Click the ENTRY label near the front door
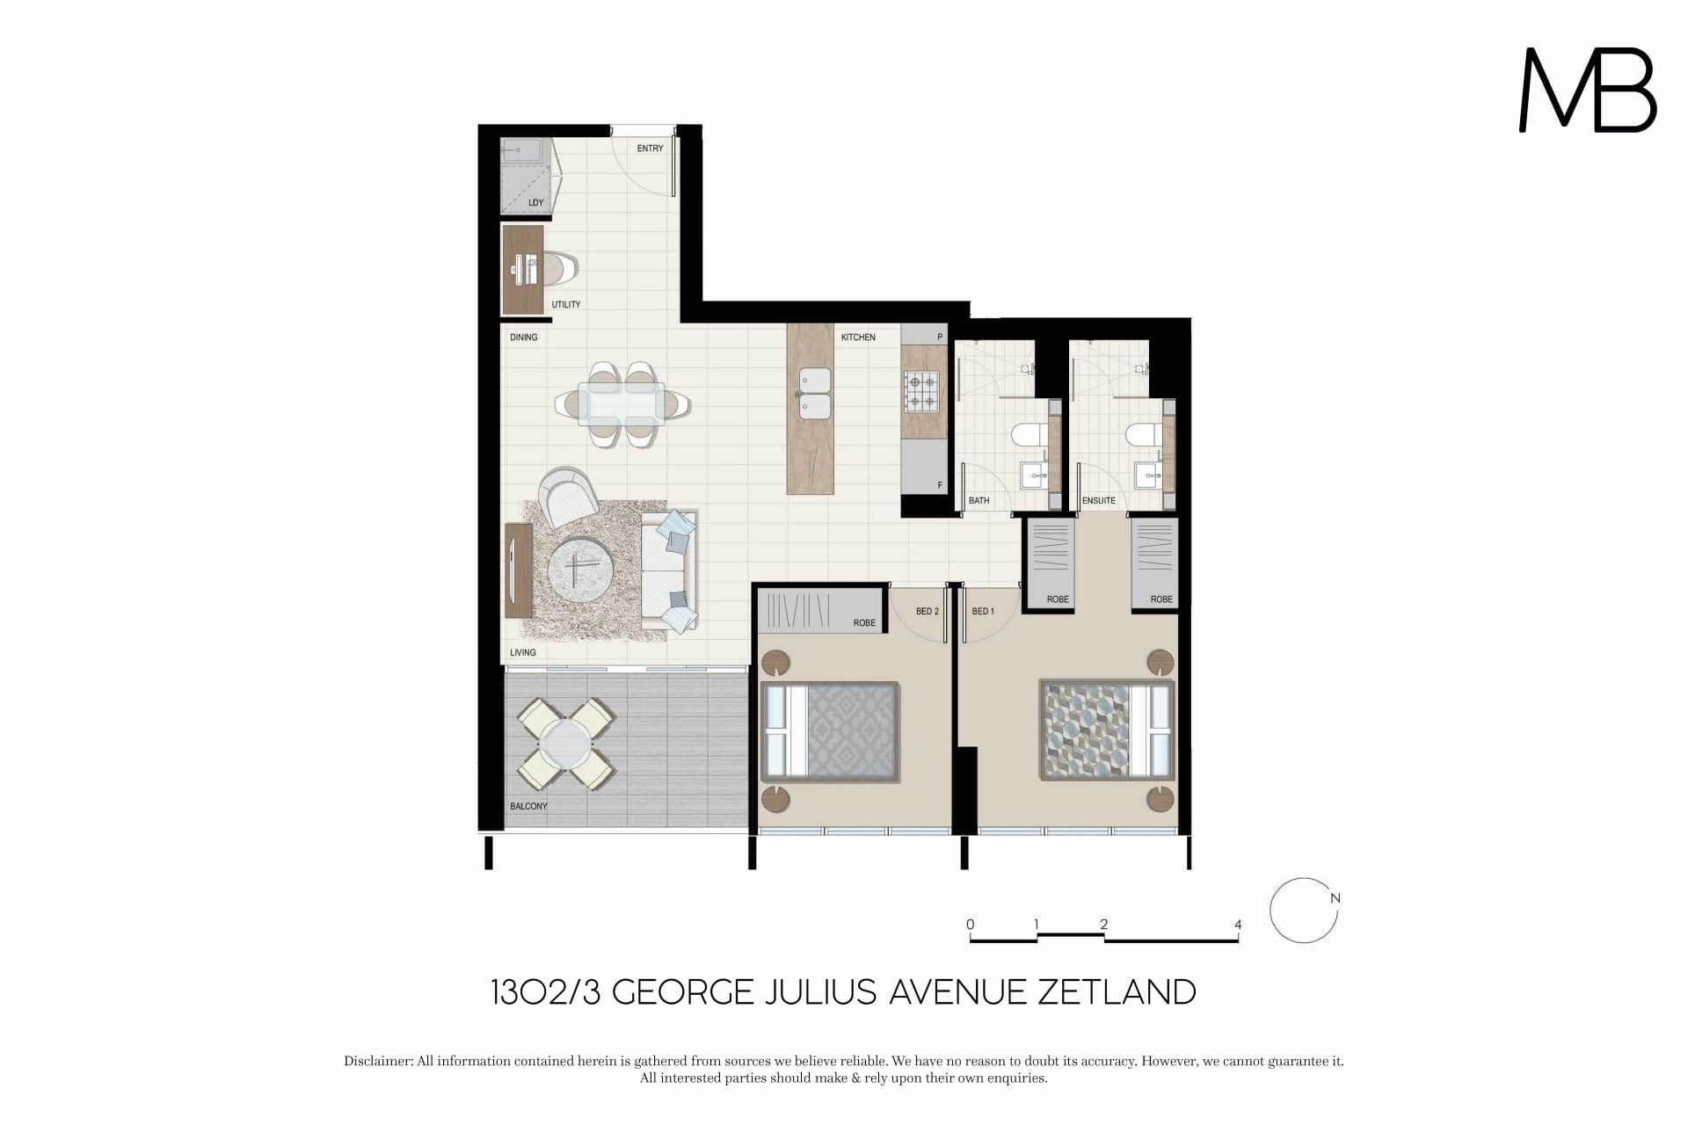[650, 149]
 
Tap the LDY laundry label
[536, 203]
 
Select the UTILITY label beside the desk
[566, 305]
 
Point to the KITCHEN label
[858, 337]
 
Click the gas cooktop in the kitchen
[921, 392]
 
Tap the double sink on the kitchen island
[814, 394]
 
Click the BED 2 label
[928, 612]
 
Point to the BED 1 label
[983, 612]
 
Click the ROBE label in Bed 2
[864, 623]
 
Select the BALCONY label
[528, 806]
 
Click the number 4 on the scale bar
[1238, 925]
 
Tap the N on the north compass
[1335, 898]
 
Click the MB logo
[1588, 91]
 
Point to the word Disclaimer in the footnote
[378, 1062]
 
